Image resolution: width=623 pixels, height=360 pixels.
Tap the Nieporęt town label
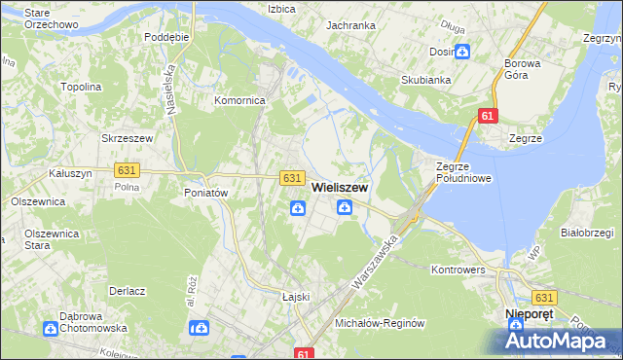tap(531, 314)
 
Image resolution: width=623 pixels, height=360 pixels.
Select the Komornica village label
tap(240, 99)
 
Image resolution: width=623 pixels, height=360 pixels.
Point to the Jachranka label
tap(351, 25)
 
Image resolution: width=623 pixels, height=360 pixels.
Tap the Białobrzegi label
tap(587, 233)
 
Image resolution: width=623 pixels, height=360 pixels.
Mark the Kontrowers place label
tap(458, 268)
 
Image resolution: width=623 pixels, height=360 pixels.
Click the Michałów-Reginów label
tap(381, 322)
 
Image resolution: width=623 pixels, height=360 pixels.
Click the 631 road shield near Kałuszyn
tap(127, 170)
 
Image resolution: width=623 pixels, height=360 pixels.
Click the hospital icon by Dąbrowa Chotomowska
tap(50, 329)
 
